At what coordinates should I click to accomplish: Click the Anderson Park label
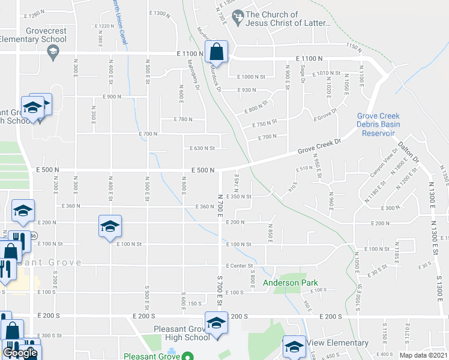tap(289, 283)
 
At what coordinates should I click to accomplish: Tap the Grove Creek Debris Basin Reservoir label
tap(378, 124)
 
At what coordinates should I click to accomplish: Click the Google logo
tap(20, 353)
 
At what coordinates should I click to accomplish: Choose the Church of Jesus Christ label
tap(288, 19)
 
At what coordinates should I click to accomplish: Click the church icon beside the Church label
tap(238, 14)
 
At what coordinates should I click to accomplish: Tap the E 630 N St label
tap(202, 148)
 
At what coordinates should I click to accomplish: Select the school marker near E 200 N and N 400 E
tap(110, 226)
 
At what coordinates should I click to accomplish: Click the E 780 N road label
tap(184, 119)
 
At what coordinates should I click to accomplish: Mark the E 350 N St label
tap(238, 196)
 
